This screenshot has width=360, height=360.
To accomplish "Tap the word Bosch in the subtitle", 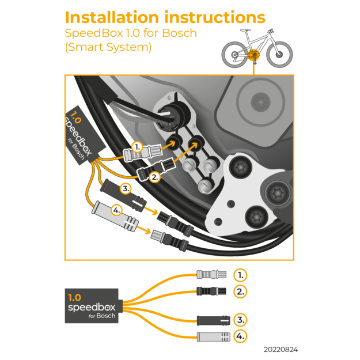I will (178, 33).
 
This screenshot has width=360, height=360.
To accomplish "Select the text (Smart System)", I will (108, 47).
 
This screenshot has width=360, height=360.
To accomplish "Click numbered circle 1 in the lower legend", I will (241, 274).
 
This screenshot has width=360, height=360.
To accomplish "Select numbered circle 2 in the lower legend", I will (241, 291).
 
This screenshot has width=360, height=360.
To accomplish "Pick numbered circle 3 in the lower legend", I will (241, 320).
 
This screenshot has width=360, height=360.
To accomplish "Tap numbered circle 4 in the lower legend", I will (241, 336).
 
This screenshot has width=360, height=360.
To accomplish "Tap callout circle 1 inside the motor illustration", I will (137, 147).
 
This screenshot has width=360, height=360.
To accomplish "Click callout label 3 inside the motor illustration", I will (126, 188).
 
